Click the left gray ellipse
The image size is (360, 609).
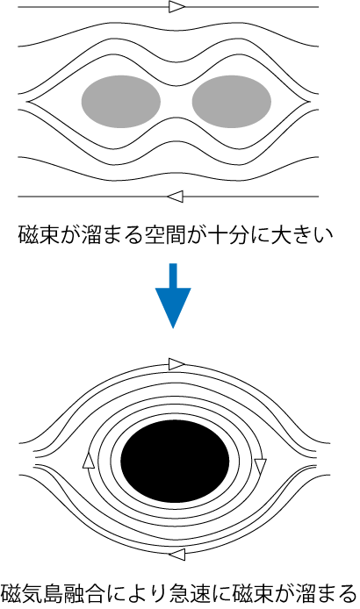pos(121,102)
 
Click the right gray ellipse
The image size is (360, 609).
pos(232,102)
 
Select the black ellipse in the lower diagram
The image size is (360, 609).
pos(175,461)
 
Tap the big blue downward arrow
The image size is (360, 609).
pos(173,296)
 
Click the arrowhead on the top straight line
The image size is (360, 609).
pos(177,7)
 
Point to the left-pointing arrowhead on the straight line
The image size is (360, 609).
pos(176,197)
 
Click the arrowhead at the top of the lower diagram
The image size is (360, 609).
pos(176,364)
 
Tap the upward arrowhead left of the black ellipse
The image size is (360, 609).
pos(89,460)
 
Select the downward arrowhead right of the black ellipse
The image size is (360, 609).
pos(260,467)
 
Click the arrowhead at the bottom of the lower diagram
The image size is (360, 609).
pos(176,555)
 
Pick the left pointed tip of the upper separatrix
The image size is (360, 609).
pos(27,102)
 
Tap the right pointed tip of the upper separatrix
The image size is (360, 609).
pos(311,102)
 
